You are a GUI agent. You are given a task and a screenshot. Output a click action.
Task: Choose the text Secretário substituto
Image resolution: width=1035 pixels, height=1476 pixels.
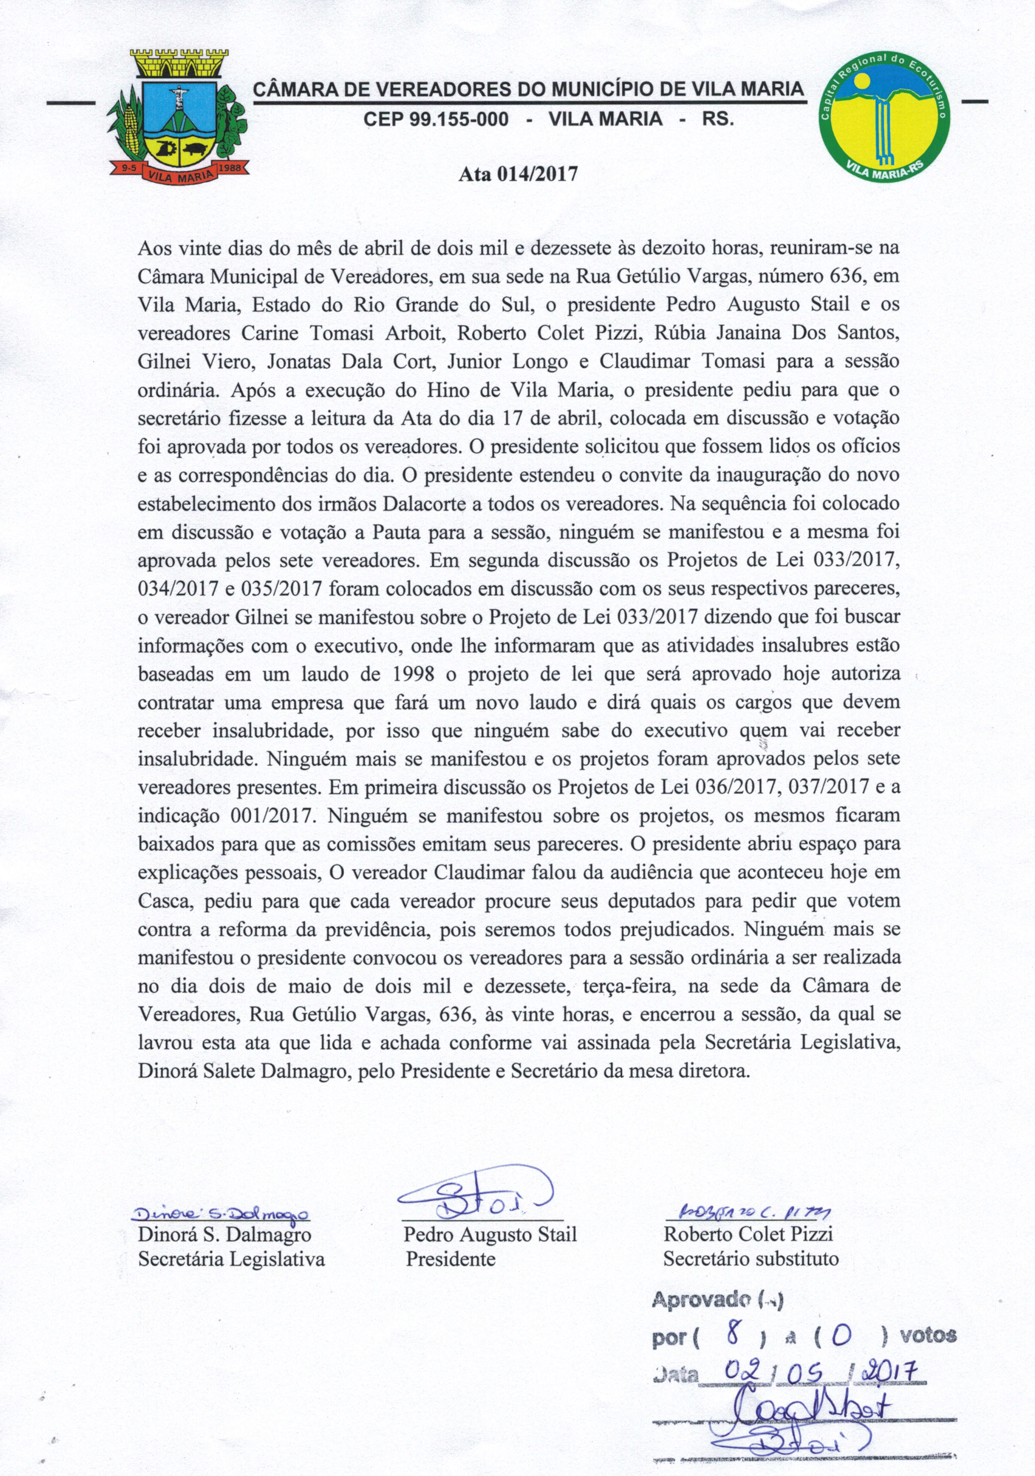[x=751, y=1258]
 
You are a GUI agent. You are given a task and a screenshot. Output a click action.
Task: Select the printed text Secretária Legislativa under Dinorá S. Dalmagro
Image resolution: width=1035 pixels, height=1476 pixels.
[x=231, y=1258]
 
